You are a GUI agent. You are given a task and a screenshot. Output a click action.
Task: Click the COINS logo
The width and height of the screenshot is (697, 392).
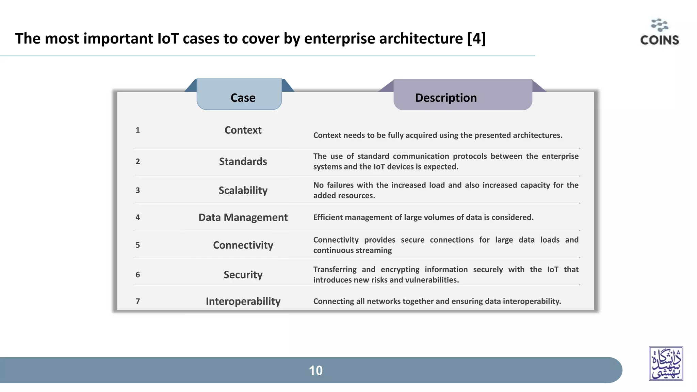click(x=659, y=33)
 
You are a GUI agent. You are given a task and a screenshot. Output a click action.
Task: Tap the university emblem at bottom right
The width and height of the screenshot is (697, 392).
click(x=666, y=363)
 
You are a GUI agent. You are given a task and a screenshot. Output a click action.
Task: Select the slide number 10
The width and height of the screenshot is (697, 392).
click(x=315, y=371)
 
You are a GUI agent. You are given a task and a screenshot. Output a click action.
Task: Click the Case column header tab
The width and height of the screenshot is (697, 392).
click(x=243, y=98)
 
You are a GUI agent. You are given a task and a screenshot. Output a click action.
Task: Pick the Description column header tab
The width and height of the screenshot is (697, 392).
click(x=446, y=98)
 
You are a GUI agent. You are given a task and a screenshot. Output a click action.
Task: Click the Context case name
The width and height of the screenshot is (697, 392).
click(x=243, y=130)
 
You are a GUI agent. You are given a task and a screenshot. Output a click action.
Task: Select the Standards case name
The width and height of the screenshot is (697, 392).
click(x=243, y=161)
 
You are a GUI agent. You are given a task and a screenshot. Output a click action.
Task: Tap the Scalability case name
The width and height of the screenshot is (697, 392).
click(x=243, y=190)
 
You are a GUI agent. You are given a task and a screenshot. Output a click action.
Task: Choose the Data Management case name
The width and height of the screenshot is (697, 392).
click(x=243, y=217)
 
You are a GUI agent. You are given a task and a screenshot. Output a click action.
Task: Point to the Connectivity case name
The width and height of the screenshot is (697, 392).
click(x=243, y=245)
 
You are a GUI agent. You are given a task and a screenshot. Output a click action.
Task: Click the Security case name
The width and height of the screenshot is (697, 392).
click(x=243, y=275)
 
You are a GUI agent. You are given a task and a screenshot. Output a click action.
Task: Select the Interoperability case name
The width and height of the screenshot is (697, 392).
click(x=243, y=301)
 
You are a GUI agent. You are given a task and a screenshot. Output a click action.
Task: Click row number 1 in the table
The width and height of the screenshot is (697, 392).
click(x=138, y=130)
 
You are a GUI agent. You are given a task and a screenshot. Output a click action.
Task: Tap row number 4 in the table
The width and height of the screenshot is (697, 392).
click(x=138, y=217)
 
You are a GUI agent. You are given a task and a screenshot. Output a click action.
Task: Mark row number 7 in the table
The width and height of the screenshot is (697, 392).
click(x=138, y=301)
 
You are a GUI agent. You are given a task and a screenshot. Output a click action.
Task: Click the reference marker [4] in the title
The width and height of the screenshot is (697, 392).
click(x=476, y=38)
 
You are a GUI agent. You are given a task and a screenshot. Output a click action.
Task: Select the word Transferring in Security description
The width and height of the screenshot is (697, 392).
click(x=335, y=269)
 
